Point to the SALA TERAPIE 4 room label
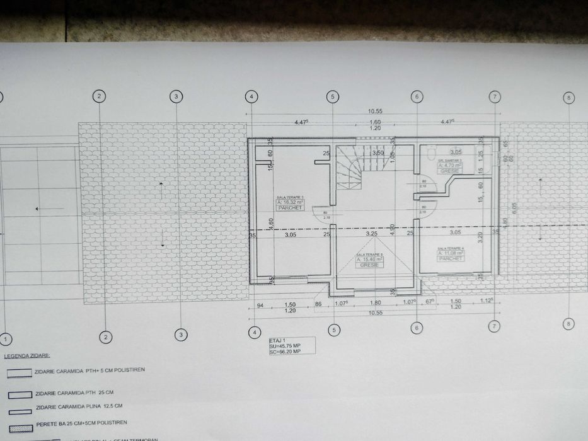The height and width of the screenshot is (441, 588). coord(451,249)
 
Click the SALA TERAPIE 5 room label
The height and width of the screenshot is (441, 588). coord(368,254)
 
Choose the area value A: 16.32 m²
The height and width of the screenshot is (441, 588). coord(290,202)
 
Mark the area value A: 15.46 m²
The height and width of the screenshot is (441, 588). coord(368,260)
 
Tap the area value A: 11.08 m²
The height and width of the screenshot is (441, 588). coord(451,254)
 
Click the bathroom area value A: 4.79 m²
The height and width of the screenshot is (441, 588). coord(451,165)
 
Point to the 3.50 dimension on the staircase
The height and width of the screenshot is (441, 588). coord(378,152)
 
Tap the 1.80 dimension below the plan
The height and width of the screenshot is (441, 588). coord(376,302)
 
